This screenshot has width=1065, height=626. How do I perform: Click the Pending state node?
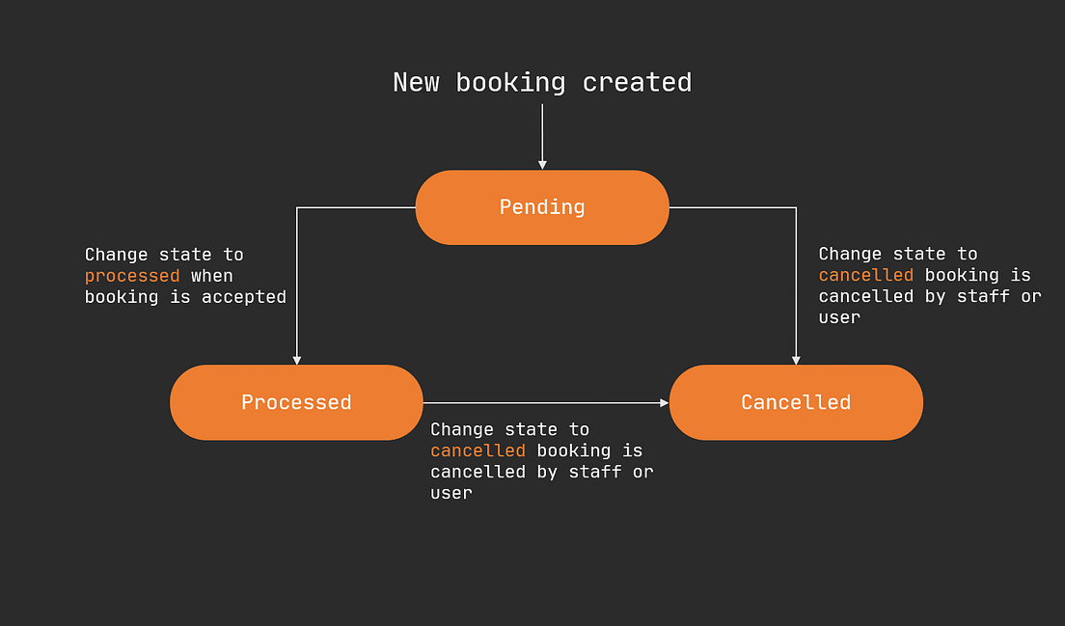(x=542, y=207)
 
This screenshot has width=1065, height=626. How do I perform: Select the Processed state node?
(x=296, y=402)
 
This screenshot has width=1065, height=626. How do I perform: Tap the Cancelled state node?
(x=796, y=402)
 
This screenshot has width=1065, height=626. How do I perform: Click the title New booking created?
(x=542, y=83)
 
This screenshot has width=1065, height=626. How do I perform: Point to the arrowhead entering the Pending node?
(x=542, y=164)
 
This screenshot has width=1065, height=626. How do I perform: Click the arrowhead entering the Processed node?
(x=296, y=359)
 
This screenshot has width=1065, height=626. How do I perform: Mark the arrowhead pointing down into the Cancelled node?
(x=796, y=359)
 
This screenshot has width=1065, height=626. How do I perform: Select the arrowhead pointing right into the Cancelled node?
(x=664, y=402)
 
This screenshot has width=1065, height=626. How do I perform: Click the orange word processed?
(x=132, y=276)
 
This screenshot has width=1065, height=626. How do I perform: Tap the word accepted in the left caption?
(x=244, y=297)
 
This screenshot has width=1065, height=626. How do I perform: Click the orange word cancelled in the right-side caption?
(x=865, y=275)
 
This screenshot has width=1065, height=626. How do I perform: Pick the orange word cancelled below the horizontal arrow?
(x=478, y=450)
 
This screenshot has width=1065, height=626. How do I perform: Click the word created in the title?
(x=637, y=83)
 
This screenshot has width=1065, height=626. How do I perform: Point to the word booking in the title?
(x=510, y=83)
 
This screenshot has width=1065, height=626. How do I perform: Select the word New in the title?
(x=416, y=83)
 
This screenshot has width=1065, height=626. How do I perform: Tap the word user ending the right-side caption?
(x=839, y=317)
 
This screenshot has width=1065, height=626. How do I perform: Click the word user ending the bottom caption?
(x=451, y=493)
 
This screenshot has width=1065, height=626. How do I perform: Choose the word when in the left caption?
(x=212, y=276)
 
